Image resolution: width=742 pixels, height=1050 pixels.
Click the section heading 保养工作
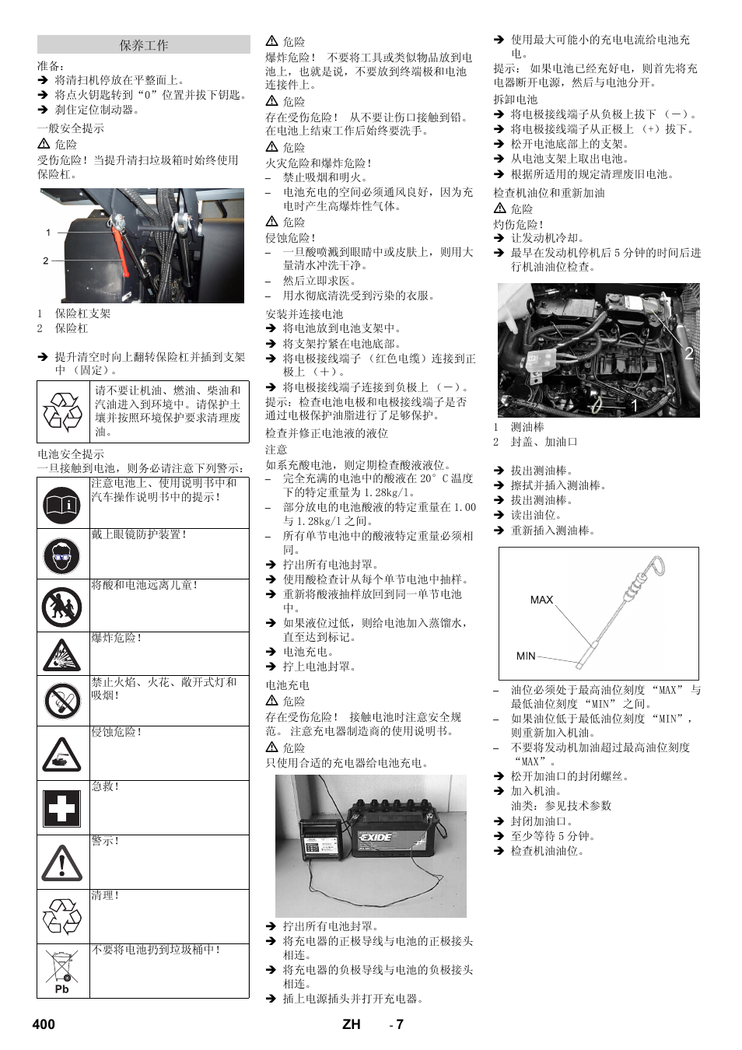[143, 45]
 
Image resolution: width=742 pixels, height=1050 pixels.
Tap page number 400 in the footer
[44, 1024]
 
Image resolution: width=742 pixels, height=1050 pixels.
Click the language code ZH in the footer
[351, 1024]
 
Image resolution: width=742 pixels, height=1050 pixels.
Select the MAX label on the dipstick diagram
[541, 600]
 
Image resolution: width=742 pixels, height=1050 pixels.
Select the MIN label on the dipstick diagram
[526, 656]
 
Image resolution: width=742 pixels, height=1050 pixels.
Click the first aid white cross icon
[61, 809]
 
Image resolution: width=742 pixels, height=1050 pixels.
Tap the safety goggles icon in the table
[61, 555]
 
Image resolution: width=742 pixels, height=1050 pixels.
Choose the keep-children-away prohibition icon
[61, 607]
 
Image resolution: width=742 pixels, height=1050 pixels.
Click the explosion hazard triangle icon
[61, 656]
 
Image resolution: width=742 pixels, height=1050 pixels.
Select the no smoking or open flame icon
[61, 702]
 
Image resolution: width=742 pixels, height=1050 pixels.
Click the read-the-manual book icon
[61, 505]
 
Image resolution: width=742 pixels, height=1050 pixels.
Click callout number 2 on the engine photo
[688, 353]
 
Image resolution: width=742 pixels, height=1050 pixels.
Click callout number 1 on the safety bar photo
[48, 232]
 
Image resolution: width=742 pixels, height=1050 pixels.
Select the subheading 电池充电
[287, 685]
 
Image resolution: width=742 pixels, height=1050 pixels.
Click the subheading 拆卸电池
[515, 100]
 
